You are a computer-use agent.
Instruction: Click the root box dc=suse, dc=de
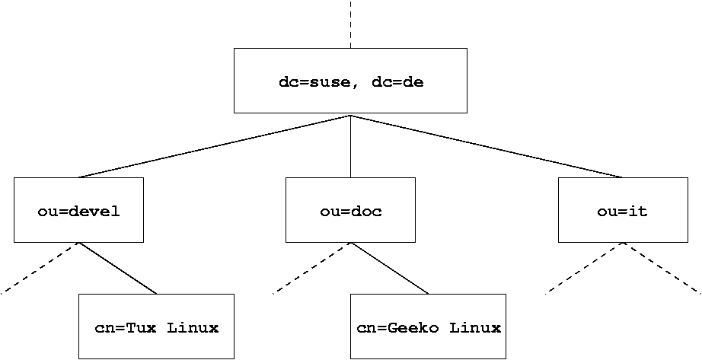point(350,81)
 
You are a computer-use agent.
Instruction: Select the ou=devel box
point(78,211)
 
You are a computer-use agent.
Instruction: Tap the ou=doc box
point(350,211)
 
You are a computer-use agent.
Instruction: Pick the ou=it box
point(622,211)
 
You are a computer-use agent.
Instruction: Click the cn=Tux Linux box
point(156,327)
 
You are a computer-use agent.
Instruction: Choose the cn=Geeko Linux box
point(429,327)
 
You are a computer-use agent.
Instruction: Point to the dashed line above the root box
point(350,23)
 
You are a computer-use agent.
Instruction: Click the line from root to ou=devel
point(215,146)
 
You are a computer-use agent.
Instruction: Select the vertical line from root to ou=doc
point(350,146)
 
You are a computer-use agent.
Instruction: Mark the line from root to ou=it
point(487,146)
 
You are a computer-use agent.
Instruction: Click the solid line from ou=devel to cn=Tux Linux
point(118,268)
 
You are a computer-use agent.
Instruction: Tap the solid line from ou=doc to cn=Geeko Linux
point(390,268)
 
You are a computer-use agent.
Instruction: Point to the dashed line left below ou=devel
point(40,268)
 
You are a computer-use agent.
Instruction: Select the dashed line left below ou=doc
point(311,268)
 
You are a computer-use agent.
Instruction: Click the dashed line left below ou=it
point(585,268)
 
